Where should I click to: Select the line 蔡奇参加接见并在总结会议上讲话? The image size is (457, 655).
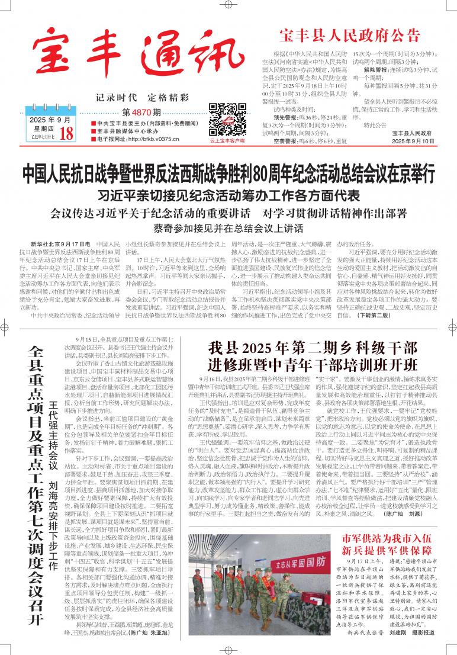(x=228, y=227)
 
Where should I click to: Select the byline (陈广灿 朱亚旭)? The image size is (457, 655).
(x=156, y=632)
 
